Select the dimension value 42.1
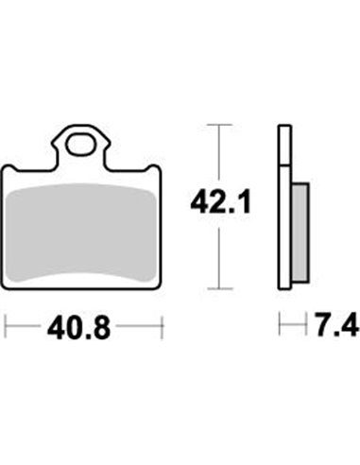[218, 202]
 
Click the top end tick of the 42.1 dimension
[219, 125]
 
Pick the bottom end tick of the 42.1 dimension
[219, 287]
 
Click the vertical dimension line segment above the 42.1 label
[219, 156]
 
